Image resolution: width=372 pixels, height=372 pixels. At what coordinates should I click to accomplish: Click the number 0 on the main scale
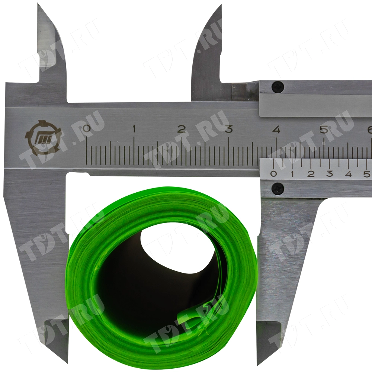(87, 129)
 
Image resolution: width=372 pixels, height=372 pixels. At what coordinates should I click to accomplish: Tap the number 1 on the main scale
(134, 129)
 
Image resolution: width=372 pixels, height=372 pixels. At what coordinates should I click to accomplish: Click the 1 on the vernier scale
(292, 174)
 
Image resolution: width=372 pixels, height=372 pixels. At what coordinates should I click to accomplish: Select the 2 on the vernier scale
(311, 174)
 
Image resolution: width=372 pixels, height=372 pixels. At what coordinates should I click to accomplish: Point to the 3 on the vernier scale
(330, 174)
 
